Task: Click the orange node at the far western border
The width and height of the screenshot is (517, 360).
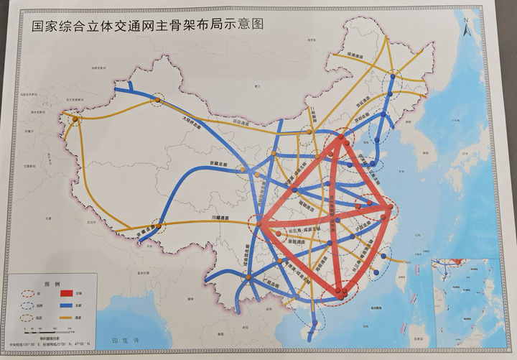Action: tap(75, 119)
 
